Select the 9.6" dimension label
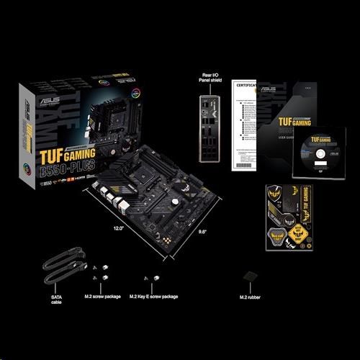click(183, 231)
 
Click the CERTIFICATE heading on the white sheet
click(246, 85)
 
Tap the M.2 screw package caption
click(102, 297)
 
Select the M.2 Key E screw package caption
click(153, 297)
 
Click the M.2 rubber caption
click(251, 297)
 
